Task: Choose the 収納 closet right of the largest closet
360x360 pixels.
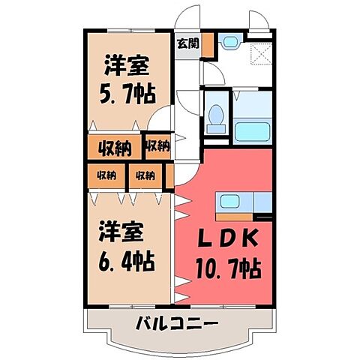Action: click(x=157, y=145)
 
